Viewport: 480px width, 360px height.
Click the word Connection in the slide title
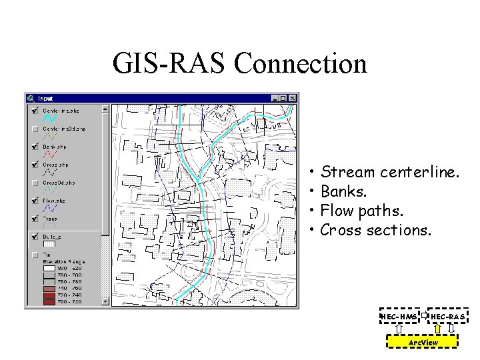pyautogui.click(x=301, y=64)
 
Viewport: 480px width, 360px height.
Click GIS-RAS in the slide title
pyautogui.click(x=170, y=64)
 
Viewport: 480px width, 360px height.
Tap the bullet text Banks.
pyautogui.click(x=343, y=191)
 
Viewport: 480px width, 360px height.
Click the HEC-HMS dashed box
pyautogui.click(x=399, y=315)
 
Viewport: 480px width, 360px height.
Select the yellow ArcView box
pyautogui.click(x=423, y=342)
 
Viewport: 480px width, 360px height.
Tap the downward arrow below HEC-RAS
pyautogui.click(x=451, y=328)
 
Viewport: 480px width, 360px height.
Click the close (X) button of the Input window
pyautogui.click(x=293, y=98)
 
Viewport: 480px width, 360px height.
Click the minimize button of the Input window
pyautogui.click(x=275, y=98)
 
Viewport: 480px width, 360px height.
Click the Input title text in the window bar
pyautogui.click(x=46, y=98)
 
